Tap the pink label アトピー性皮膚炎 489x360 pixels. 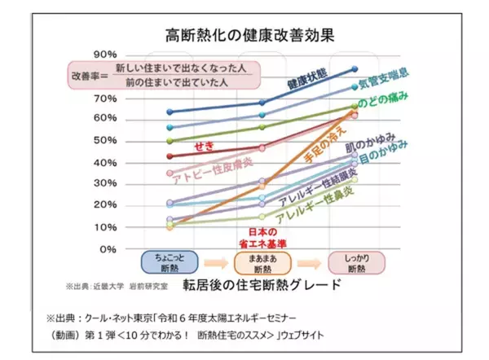[x=211, y=165]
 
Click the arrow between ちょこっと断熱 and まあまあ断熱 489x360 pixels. [x=214, y=263]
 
